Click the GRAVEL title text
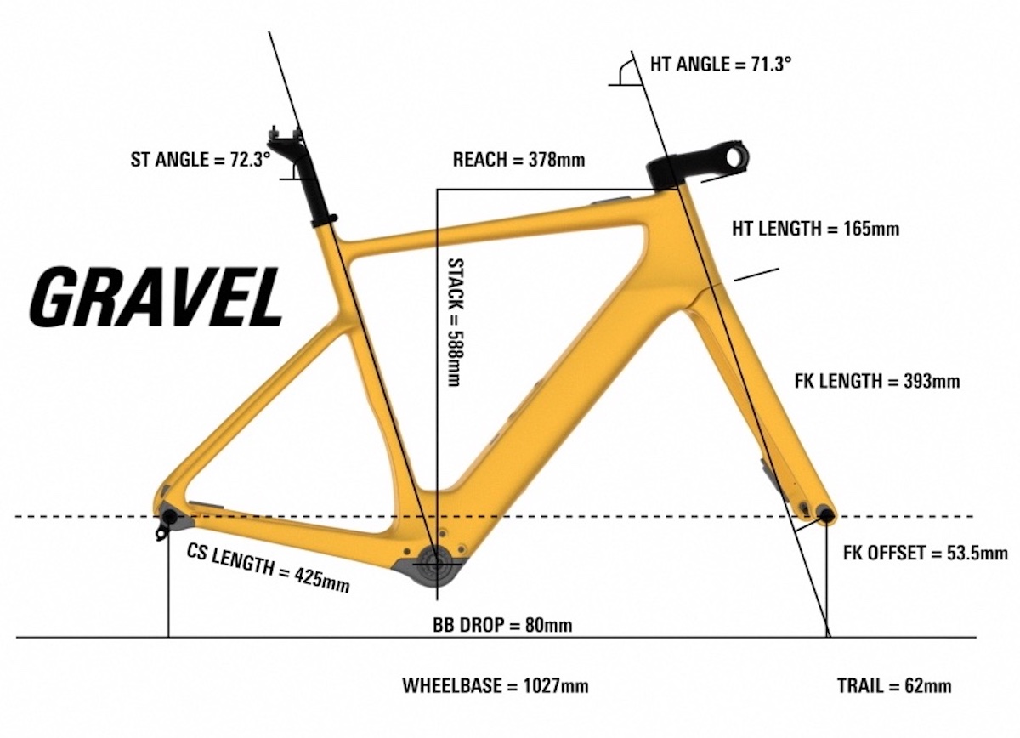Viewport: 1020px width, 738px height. [x=156, y=297]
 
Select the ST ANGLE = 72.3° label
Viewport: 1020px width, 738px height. [x=201, y=160]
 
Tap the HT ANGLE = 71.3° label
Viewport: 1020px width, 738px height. [x=721, y=65]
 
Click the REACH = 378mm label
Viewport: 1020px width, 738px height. [x=518, y=160]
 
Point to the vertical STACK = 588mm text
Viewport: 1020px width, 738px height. [x=456, y=322]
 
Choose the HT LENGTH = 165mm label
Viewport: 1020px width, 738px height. [x=816, y=228]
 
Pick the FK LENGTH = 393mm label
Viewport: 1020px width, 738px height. [x=877, y=380]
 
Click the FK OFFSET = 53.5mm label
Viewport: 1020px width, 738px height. [x=926, y=553]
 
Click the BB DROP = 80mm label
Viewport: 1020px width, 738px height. [x=502, y=625]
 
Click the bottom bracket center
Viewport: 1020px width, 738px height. [x=436, y=564]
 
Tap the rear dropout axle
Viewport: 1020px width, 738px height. [x=169, y=516]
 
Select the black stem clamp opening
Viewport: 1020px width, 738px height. [x=734, y=156]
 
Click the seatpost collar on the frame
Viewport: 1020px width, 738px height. [x=324, y=221]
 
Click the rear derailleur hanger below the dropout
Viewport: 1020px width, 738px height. [x=161, y=533]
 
